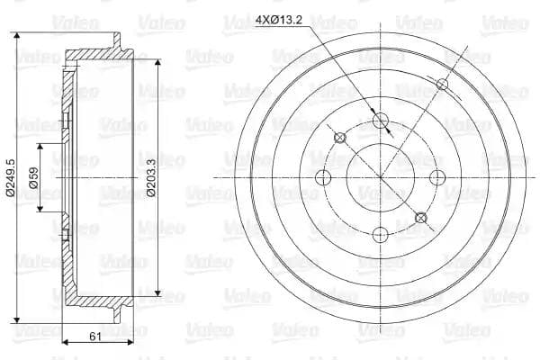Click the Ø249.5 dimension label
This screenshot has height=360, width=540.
(x=10, y=178)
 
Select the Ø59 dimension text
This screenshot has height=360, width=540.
(x=33, y=178)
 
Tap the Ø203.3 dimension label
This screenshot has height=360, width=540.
(x=151, y=178)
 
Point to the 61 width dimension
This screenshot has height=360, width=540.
(x=95, y=337)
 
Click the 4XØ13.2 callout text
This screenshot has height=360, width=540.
(x=279, y=21)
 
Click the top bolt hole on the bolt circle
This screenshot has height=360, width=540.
(x=381, y=121)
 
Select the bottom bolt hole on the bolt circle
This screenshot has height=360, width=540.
(x=381, y=235)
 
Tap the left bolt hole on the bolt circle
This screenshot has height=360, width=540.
(x=323, y=178)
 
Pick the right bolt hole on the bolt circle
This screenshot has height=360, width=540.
(x=437, y=178)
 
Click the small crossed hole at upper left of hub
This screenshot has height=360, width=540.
(x=340, y=138)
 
